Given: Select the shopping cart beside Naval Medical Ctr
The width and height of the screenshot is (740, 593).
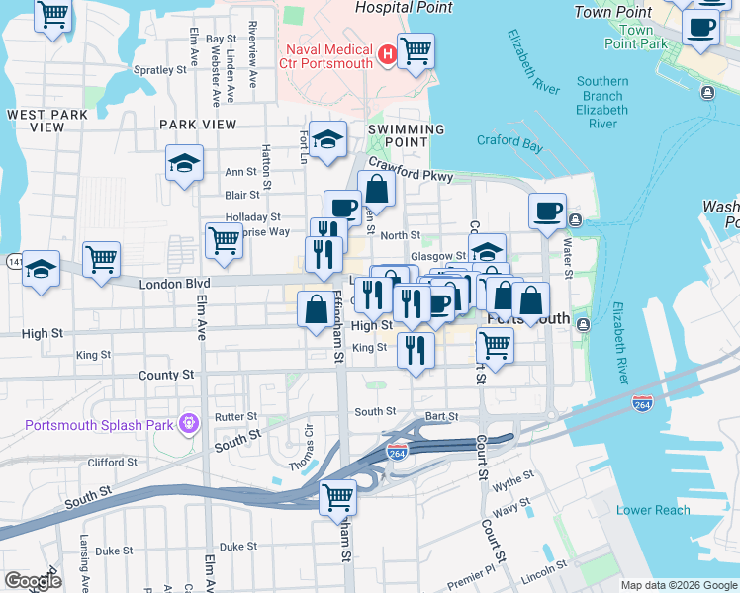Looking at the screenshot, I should (416, 48).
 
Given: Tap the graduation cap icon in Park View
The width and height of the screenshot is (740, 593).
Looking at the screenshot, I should (184, 163).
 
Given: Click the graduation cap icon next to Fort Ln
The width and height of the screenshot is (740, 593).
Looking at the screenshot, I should (327, 140).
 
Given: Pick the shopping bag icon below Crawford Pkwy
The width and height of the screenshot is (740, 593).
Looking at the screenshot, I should (376, 188).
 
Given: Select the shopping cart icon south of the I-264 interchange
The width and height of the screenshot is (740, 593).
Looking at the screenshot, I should (338, 496).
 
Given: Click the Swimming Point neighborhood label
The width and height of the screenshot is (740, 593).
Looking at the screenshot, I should (407, 136).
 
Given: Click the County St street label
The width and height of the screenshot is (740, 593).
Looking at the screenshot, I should (166, 376).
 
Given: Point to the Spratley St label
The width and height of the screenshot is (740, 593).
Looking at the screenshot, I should (159, 70).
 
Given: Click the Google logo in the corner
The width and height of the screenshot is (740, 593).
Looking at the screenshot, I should (33, 581).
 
